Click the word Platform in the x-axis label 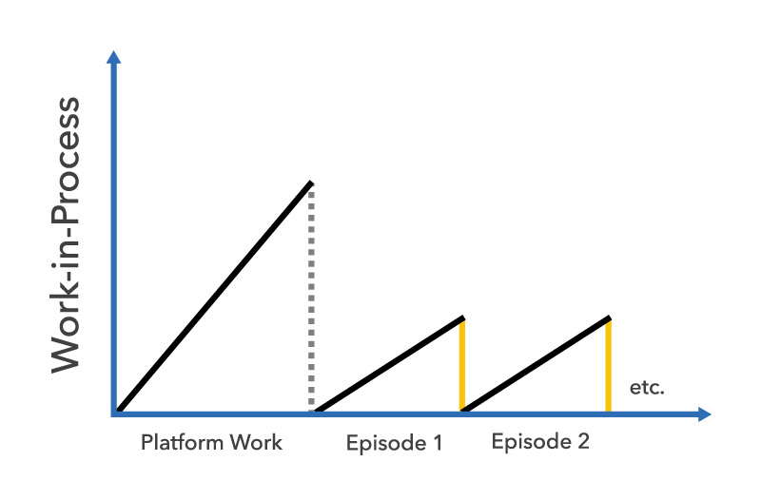[x=177, y=443]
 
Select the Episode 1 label [x=394, y=443]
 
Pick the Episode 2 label [x=539, y=442]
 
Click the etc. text [x=647, y=388]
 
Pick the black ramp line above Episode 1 [x=390, y=365]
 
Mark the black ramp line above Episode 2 [x=536, y=365]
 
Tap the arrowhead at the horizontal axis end [x=703, y=413]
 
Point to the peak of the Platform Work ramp [x=311, y=182]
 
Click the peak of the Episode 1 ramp [x=462, y=317]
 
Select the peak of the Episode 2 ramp [x=608, y=317]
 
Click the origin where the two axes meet [x=115, y=413]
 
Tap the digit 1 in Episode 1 [x=438, y=443]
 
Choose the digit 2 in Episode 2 [x=582, y=442]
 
